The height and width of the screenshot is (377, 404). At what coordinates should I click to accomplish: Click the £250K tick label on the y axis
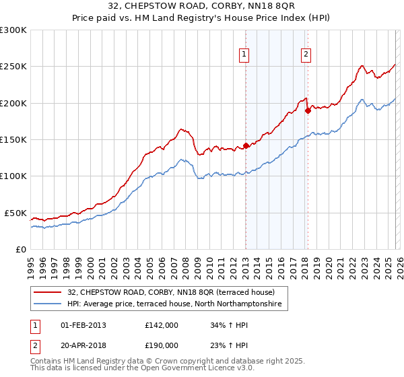(x=13, y=67)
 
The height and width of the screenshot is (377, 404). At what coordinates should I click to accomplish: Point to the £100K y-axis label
(x=13, y=176)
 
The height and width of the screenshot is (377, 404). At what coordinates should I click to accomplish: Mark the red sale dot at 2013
(x=246, y=145)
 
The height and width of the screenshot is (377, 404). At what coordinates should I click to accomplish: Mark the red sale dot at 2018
(x=308, y=110)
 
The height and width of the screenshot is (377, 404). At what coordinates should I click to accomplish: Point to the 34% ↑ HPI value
(x=228, y=325)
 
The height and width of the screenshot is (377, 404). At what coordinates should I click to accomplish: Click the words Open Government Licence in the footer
(x=195, y=369)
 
